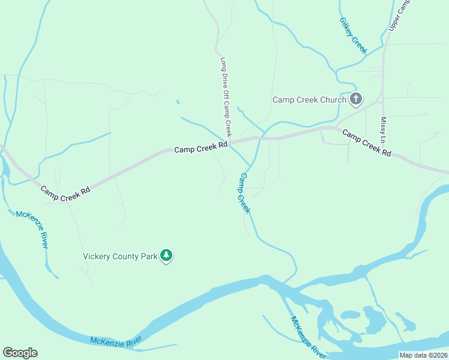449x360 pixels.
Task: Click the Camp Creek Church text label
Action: pyautogui.click(x=309, y=100)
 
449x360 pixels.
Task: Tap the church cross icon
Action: pyautogui.click(x=356, y=99)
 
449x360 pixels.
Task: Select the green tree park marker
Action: pyautogui.click(x=166, y=256)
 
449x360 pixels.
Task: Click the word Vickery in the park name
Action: pyautogui.click(x=96, y=256)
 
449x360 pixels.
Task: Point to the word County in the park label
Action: pyautogui.click(x=125, y=256)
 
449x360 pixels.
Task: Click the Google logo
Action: pyautogui.click(x=20, y=353)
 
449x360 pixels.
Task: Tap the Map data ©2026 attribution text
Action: pyautogui.click(x=423, y=355)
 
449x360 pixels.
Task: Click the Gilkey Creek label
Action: pyautogui.click(x=353, y=35)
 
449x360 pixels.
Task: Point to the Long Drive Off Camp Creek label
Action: pyautogui.click(x=226, y=97)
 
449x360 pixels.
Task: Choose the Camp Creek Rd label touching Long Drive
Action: pyautogui.click(x=201, y=146)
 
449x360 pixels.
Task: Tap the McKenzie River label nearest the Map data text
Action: pyautogui.click(x=309, y=338)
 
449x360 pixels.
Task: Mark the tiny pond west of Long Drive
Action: pyautogui.click(x=177, y=101)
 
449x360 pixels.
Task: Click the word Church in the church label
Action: pyautogui.click(x=333, y=100)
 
